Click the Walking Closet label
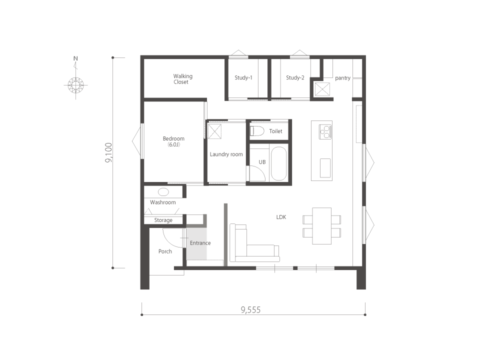point(183,79)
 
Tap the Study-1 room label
point(243,78)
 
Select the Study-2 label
point(295,78)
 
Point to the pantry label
point(342,78)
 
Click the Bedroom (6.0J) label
point(173,141)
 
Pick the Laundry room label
point(226,154)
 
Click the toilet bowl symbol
point(257,131)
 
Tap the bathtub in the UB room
point(279,164)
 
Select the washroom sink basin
point(163,192)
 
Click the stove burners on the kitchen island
point(325,132)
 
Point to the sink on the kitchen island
point(325,168)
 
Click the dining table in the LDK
point(321,226)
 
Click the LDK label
point(281,217)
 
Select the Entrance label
point(200,243)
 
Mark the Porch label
point(165,251)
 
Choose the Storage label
point(163,220)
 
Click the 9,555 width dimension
point(250,310)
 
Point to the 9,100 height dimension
point(108,153)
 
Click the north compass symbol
point(75,85)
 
